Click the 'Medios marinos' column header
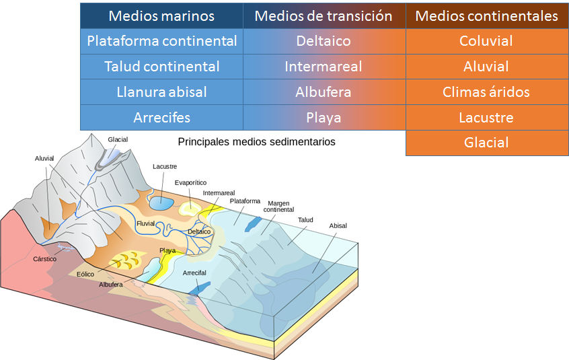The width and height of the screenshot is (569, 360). (161, 15)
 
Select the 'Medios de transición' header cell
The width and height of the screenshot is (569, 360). (324, 15)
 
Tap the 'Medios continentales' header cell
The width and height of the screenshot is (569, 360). (486, 15)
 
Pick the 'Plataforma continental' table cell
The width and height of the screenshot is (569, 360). (161, 41)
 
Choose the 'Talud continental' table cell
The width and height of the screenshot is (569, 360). (161, 67)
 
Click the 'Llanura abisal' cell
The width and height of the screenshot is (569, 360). (161, 92)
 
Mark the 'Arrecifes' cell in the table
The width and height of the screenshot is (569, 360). (161, 118)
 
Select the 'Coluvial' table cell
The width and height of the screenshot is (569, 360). (486, 41)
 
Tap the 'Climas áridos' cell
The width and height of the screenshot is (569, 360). (486, 92)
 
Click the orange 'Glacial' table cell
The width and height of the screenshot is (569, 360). (486, 143)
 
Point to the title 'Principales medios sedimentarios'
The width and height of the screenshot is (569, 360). (256, 142)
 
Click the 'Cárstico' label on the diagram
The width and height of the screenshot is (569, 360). (45, 258)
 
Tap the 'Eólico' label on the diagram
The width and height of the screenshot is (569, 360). (86, 274)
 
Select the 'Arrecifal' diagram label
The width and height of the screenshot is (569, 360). (194, 273)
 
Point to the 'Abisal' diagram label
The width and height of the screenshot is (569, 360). (338, 226)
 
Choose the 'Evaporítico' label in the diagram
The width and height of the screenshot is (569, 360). (190, 182)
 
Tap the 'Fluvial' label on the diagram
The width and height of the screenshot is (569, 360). (146, 223)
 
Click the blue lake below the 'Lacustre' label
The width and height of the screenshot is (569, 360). (161, 201)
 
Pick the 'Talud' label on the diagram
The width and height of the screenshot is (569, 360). (305, 219)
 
